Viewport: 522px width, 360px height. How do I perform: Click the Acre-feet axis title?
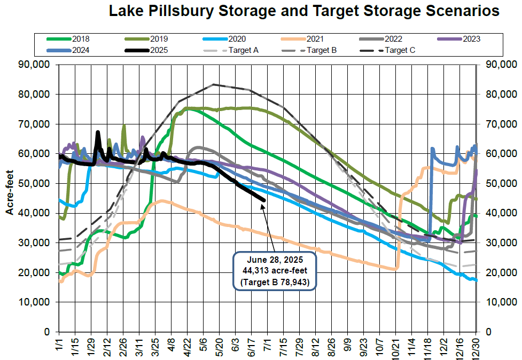pos(10,197)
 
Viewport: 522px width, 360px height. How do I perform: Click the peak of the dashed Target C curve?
pos(214,84)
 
